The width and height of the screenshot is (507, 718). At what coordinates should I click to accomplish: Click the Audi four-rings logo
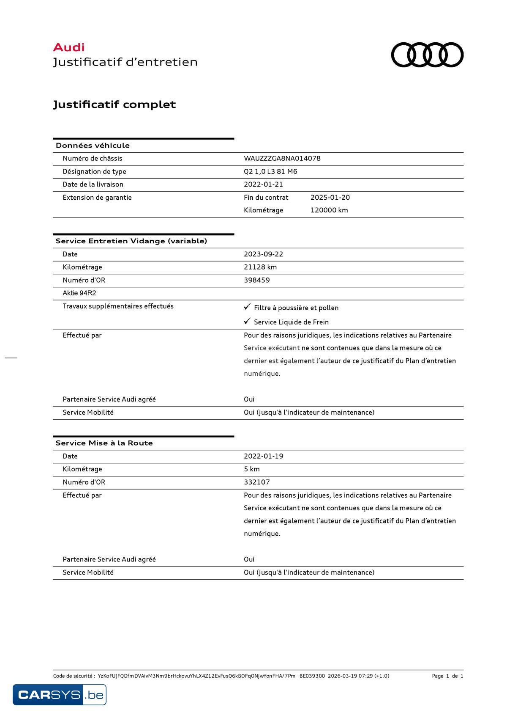427,55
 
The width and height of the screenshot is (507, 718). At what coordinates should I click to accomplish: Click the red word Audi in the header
68,47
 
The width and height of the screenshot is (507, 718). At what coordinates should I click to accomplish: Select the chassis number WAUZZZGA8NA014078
282,158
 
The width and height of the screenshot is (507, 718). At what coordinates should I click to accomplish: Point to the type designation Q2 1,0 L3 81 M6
270,171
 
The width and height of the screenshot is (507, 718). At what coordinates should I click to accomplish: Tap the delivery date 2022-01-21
263,184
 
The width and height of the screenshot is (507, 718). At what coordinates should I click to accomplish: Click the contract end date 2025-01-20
330,198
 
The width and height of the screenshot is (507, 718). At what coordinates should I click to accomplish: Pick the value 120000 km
329,210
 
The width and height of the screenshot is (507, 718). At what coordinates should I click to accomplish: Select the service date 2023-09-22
263,254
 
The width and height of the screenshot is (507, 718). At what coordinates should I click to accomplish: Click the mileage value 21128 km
260,267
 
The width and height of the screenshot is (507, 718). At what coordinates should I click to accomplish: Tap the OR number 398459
256,280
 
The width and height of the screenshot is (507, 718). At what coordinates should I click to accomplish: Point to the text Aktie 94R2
79,293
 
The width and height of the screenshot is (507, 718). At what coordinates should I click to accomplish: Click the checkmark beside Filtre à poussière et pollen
247,307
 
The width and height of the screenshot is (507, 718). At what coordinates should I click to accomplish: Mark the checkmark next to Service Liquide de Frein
247,321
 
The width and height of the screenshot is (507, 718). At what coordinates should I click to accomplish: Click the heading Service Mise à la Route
104,443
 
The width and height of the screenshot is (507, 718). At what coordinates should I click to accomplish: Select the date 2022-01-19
263,456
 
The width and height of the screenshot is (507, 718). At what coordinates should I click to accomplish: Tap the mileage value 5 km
251,469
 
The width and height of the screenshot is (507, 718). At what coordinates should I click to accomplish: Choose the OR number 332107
256,482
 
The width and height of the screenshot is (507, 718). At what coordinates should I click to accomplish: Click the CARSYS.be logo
59,694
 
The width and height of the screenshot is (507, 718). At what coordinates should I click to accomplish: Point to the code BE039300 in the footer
312,676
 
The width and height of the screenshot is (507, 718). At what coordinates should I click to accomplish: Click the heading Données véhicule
93,146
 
